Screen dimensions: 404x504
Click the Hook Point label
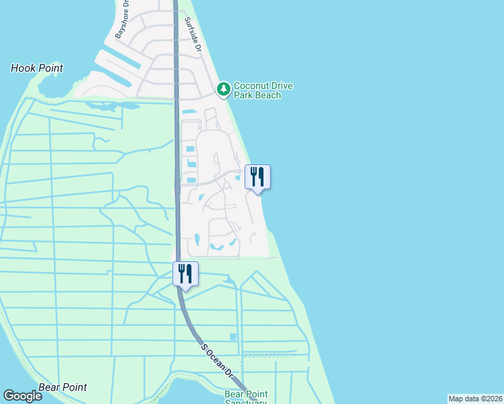click(37, 68)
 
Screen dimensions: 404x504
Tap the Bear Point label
click(63, 387)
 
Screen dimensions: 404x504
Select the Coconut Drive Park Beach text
click(257, 90)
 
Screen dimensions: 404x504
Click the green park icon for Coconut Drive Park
click(223, 89)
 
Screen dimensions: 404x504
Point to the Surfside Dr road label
click(192, 35)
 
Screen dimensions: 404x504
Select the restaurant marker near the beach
click(257, 177)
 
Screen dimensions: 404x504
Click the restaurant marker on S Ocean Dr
click(185, 274)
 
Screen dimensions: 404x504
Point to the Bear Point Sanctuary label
click(246, 398)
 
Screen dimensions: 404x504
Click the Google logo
click(22, 396)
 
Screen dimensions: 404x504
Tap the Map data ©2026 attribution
click(475, 399)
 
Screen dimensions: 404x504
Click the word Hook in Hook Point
click(24, 68)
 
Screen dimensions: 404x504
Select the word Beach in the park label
click(267, 96)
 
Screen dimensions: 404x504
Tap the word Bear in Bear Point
click(50, 387)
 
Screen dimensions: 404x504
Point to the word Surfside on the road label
click(191, 31)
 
